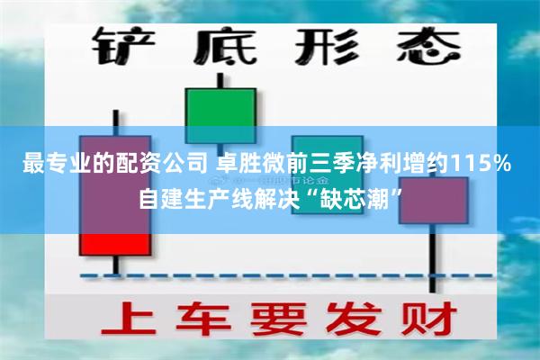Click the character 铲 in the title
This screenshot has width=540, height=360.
[x=125, y=47]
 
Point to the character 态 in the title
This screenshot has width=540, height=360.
[x=418, y=47]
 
